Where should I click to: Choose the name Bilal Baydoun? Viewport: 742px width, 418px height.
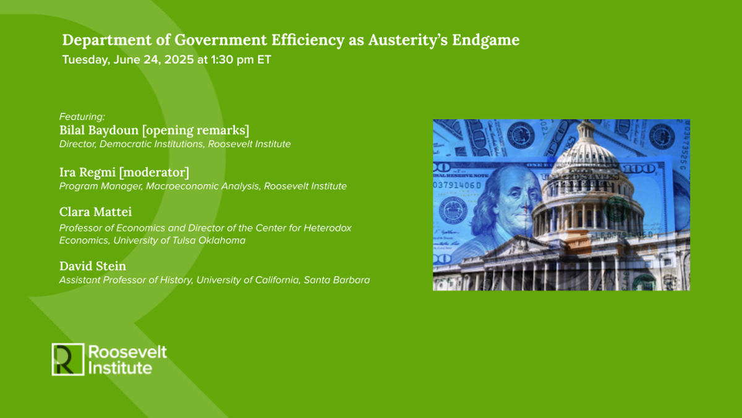click(98, 131)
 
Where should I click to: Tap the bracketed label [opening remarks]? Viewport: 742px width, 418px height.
click(195, 131)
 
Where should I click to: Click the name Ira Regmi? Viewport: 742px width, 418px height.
click(85, 172)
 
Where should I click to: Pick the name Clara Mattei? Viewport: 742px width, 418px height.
click(95, 212)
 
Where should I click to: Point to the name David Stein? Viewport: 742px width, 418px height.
click(93, 266)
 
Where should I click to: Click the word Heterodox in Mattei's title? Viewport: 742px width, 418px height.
click(328, 228)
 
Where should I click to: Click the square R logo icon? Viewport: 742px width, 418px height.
click(67, 359)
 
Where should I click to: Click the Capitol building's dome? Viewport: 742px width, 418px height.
click(585, 155)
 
